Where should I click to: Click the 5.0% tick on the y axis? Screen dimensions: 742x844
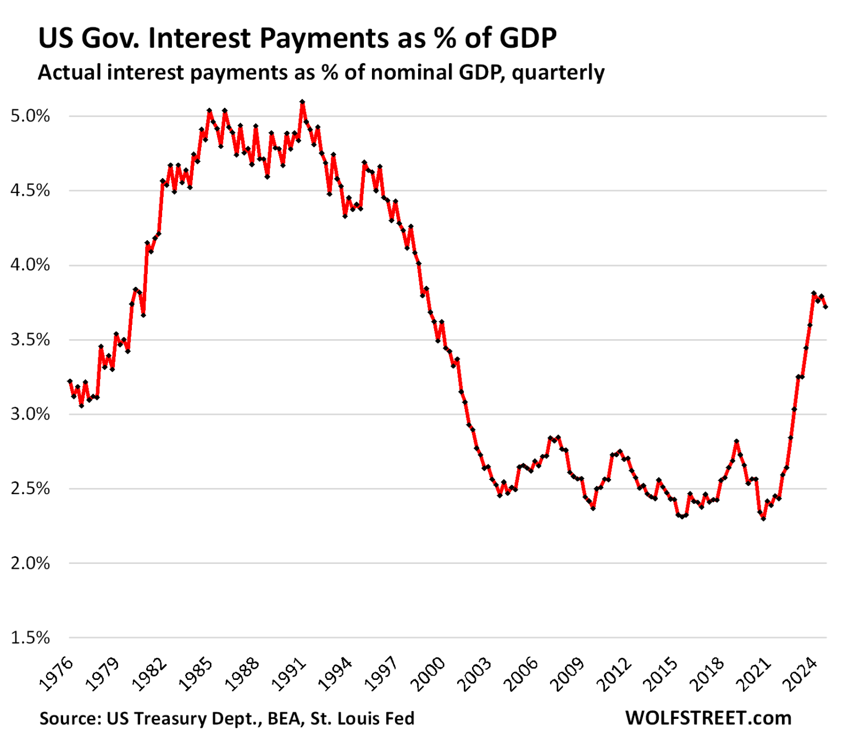coord(30,116)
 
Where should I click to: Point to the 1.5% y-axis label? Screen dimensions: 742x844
coord(30,638)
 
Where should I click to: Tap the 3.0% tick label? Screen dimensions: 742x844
coord(30,414)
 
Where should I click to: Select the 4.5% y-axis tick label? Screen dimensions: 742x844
coord(30,191)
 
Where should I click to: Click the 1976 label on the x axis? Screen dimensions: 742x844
coord(57,674)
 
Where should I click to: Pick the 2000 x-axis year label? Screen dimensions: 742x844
coord(429,674)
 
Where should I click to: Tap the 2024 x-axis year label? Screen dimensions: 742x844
coord(802,674)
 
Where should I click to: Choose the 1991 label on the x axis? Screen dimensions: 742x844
coord(290,674)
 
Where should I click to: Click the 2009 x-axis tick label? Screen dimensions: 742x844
coord(569,674)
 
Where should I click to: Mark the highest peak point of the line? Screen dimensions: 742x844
coord(302,102)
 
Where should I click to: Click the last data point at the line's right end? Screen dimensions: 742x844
coord(825,307)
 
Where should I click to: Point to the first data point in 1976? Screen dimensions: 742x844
coord(70,381)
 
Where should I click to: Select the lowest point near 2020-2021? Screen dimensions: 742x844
coord(763,518)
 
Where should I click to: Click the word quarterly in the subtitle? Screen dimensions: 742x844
coord(558,73)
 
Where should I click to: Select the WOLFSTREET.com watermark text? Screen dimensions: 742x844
coord(708,718)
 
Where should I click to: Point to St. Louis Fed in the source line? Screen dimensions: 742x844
coord(362,718)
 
